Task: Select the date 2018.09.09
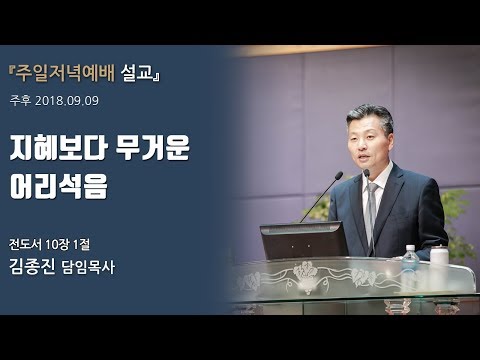[x=67, y=101]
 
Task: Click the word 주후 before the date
[x=21, y=101]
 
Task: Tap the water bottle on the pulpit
[x=410, y=261]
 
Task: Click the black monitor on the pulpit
[x=303, y=240]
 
